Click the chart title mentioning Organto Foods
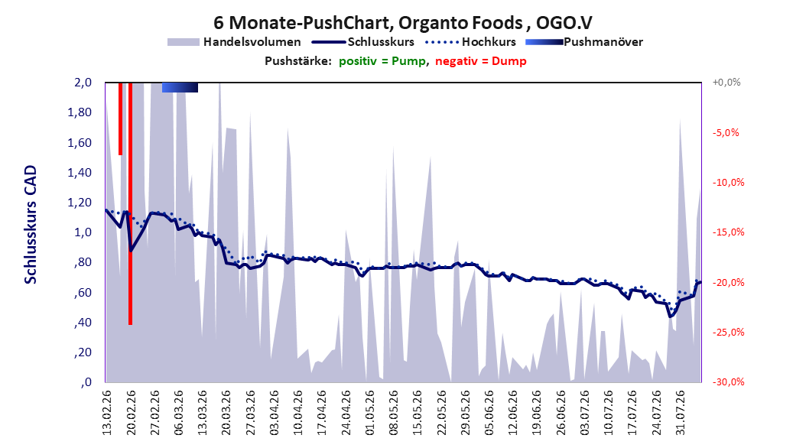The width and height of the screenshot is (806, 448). point(403,23)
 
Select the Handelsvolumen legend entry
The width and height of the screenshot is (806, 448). point(234,42)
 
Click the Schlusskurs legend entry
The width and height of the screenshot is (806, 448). point(363,42)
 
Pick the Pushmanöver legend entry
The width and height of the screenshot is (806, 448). point(584,42)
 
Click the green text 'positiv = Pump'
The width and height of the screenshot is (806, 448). point(382,61)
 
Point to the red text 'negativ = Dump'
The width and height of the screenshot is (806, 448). point(481,61)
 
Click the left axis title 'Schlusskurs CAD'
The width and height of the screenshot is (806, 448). point(31,225)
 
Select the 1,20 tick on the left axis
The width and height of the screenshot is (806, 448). point(80,203)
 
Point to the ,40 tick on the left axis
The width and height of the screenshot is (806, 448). point(83,323)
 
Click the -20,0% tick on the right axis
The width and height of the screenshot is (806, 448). point(728,283)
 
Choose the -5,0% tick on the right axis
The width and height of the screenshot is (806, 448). point(726,132)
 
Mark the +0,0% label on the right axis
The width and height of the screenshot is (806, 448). point(726,83)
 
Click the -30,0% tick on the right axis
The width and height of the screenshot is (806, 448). point(728,381)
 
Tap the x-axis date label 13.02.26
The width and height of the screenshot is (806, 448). point(106,413)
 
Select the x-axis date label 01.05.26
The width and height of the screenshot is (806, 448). point(369,413)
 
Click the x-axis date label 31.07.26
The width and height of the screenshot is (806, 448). point(681,413)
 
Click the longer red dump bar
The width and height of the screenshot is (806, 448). point(131,203)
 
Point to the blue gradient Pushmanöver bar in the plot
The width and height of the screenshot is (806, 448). point(180,87)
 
